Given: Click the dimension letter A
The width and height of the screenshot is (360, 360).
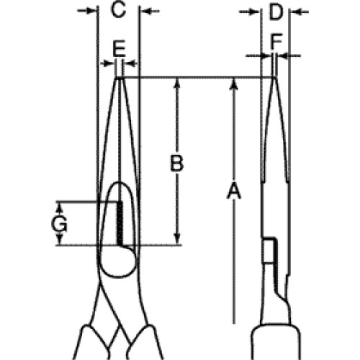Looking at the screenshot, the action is point(233,191).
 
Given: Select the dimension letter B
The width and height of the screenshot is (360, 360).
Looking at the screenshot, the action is point(177,163).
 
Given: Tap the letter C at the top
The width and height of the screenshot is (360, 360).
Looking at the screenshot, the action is point(118,10).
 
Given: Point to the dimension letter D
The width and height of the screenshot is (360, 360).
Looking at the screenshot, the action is point(275,12).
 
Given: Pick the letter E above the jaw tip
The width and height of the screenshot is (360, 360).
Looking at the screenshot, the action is point(119,48).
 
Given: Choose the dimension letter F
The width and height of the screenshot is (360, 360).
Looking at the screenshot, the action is point(276,42).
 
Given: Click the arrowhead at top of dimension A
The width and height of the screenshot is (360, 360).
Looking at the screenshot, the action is point(233,84).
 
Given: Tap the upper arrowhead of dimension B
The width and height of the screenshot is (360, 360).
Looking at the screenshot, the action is point(177,84).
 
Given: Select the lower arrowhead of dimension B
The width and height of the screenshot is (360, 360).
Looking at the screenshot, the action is point(177,239).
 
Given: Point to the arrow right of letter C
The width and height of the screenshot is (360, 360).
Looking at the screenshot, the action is point(150,11).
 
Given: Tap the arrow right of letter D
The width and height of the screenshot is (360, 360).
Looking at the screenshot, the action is point(299,12).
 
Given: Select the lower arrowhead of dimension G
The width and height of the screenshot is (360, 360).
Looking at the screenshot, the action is point(60,240).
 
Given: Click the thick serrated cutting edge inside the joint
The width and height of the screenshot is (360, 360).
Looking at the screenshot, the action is point(120,223).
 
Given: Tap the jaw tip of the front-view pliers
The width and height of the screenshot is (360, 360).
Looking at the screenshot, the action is point(119,78).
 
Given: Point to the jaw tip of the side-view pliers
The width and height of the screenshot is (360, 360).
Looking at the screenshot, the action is point(274,77).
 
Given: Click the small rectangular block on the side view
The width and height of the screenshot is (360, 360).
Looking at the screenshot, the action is point(270,251).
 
